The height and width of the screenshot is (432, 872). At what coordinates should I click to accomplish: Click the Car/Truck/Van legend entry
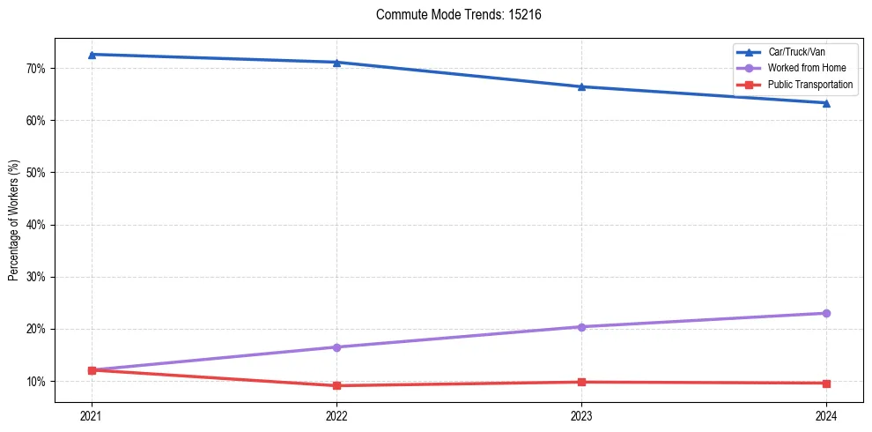796,52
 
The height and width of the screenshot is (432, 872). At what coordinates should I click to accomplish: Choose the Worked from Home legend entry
805,68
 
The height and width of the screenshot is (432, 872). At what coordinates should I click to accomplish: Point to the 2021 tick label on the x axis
92,415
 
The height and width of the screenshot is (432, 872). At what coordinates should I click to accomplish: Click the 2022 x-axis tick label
336,415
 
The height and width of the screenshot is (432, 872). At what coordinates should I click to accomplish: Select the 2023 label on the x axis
581,415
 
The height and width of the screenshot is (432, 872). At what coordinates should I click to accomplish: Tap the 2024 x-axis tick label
826,415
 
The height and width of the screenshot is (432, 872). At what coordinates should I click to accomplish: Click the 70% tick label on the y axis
36,69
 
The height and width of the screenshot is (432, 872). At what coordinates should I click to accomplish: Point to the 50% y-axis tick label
36,173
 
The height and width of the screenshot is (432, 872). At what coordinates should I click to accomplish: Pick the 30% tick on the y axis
36,277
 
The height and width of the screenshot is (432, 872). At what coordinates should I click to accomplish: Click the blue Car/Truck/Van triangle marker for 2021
92,55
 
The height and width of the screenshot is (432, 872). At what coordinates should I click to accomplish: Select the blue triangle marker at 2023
581,86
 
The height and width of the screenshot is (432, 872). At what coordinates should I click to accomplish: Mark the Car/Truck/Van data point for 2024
826,103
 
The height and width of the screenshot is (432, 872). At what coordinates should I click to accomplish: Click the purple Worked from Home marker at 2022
336,347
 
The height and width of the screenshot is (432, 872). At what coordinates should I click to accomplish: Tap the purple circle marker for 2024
826,313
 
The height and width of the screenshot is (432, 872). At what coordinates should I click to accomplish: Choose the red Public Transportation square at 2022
336,385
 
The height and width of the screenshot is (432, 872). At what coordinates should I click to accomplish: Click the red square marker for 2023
581,382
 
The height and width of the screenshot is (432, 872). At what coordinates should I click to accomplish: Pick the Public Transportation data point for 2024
826,384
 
